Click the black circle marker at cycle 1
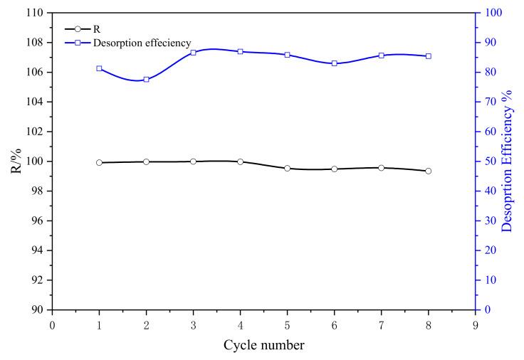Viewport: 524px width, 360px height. click(99, 162)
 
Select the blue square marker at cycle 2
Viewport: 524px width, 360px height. click(146, 79)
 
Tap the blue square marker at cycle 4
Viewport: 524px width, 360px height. click(240, 51)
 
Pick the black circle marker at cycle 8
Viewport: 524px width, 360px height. click(428, 171)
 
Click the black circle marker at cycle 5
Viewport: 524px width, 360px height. click(287, 168)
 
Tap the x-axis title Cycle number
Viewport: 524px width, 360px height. click(264, 345)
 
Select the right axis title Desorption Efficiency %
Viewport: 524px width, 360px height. click(507, 162)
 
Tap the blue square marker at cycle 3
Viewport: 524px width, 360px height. click(193, 53)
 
